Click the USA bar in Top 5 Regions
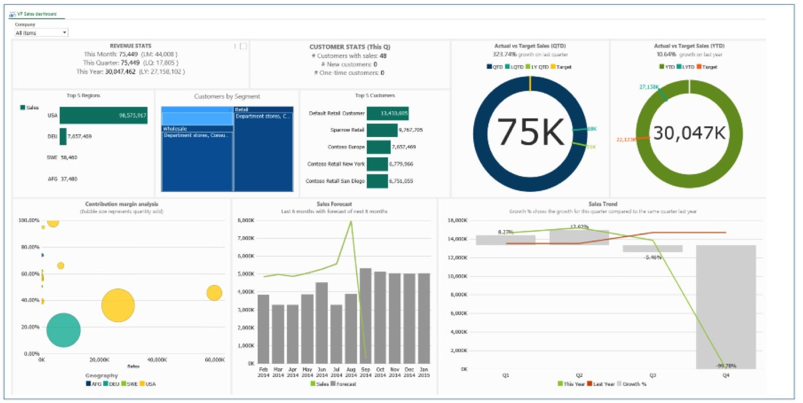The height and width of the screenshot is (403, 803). click(x=103, y=115)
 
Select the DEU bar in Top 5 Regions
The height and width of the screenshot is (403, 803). click(x=63, y=136)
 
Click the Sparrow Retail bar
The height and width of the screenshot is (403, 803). click(x=382, y=130)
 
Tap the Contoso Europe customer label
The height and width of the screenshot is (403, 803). click(x=346, y=147)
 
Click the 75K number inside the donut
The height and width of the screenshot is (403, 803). click(x=530, y=132)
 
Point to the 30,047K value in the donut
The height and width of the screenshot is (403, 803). click(x=689, y=133)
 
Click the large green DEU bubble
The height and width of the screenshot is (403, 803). click(x=63, y=330)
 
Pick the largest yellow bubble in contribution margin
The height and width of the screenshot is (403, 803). click(x=118, y=305)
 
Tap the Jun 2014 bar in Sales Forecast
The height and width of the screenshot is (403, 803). click(x=322, y=323)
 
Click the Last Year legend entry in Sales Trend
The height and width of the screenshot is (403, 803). click(x=602, y=384)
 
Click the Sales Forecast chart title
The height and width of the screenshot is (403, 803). click(x=334, y=204)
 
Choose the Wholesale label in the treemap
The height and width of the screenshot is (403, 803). click(x=175, y=129)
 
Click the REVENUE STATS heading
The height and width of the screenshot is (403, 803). click(x=130, y=46)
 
